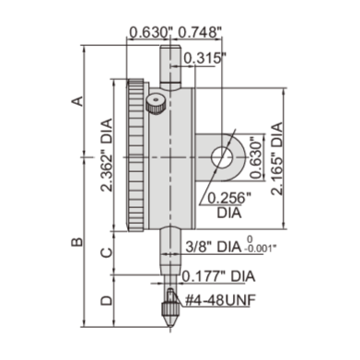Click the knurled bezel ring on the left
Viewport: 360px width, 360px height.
[x=135, y=157]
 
